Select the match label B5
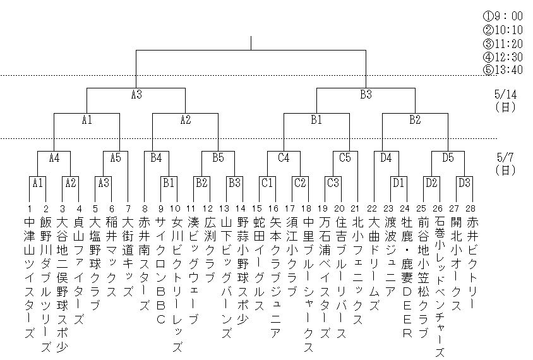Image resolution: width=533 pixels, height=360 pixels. click(218, 157)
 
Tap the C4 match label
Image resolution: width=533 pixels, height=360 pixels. click(284, 157)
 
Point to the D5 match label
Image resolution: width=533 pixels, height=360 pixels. click(448, 157)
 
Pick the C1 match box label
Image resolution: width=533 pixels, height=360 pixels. click(267, 183)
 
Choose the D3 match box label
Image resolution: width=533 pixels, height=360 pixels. click(464, 183)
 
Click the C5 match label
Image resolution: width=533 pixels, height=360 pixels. click(344, 157)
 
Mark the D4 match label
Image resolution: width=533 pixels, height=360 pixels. click(386, 157)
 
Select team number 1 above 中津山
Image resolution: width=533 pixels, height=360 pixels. click(29, 208)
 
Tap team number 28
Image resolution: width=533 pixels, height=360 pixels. click(472, 208)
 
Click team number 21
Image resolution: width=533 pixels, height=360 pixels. click(357, 208)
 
